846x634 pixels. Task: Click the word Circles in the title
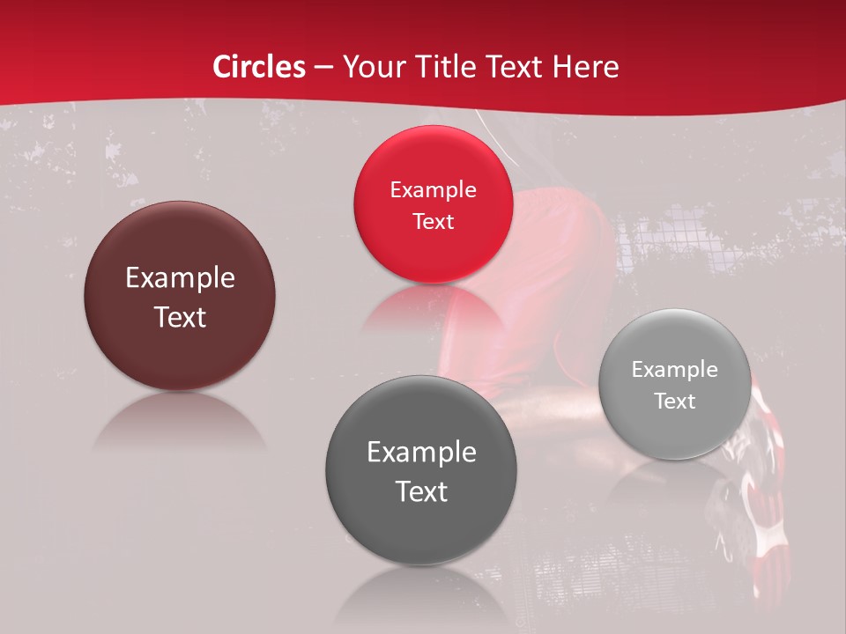[x=259, y=67]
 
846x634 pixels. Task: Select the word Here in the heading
[x=586, y=67]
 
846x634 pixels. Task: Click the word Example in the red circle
[x=433, y=190]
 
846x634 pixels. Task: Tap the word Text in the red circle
[x=433, y=222]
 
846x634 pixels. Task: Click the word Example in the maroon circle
[x=180, y=278]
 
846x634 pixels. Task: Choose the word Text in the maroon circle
[x=180, y=317]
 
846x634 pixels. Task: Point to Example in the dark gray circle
[x=421, y=453]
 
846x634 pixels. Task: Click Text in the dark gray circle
[x=421, y=491]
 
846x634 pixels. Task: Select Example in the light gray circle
[x=674, y=370]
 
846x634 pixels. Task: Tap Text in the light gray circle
[x=674, y=402]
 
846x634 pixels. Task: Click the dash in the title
[x=324, y=67]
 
